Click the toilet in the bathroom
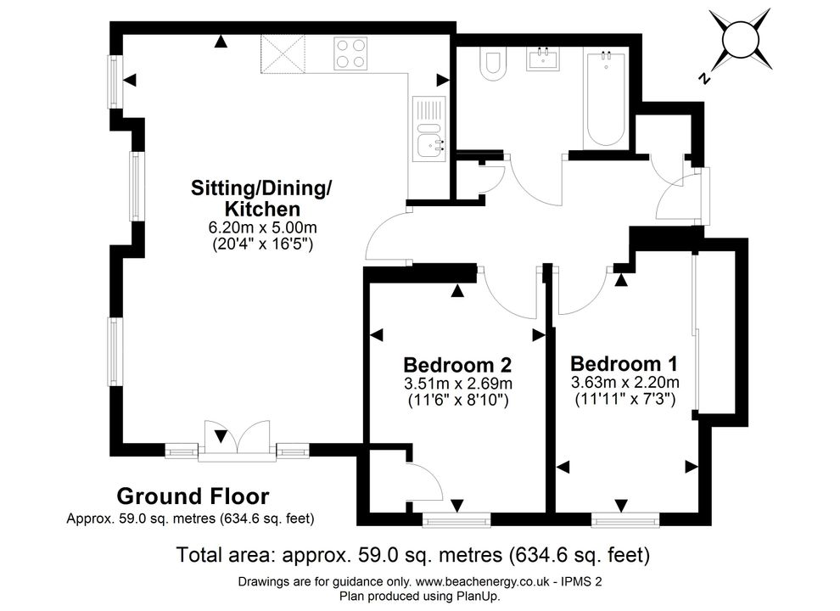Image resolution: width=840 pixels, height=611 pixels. click(x=493, y=64)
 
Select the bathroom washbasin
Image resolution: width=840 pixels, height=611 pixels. click(x=544, y=59)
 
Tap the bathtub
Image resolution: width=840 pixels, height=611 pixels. click(x=606, y=99)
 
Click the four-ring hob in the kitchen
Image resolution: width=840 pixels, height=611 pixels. click(x=350, y=53)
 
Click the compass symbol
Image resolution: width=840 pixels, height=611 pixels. click(x=741, y=41)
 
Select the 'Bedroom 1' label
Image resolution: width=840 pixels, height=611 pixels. click(x=624, y=363)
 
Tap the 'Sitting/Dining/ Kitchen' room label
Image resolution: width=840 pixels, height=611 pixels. click(x=261, y=198)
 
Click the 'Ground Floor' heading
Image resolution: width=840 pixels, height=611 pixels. click(x=193, y=496)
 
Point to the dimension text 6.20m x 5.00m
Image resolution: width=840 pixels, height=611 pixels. click(x=262, y=227)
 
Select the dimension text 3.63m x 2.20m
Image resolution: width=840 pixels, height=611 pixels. click(x=625, y=383)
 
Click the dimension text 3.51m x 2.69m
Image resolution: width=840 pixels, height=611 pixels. click(x=458, y=384)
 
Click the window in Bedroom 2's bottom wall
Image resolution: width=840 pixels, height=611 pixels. click(x=456, y=520)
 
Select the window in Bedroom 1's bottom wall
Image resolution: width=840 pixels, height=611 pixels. click(x=625, y=520)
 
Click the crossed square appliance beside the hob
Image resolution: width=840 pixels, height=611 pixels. click(x=283, y=53)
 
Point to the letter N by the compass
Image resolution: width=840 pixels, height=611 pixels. click(x=705, y=78)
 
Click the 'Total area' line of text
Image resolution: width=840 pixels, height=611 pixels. click(x=413, y=555)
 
